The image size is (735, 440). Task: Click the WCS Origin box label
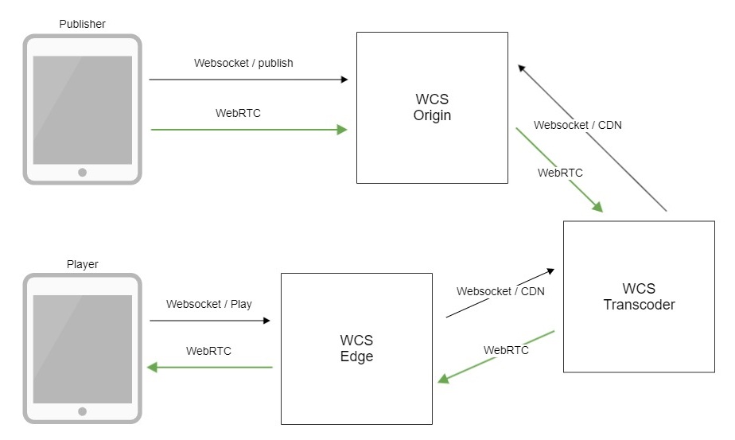pyautogui.click(x=432, y=107)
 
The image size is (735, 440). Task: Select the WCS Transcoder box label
pyautogui.click(x=639, y=296)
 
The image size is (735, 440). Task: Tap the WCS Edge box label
pyautogui.click(x=356, y=348)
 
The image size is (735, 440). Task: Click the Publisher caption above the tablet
pyautogui.click(x=82, y=24)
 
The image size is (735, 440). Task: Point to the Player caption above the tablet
pyautogui.click(x=82, y=263)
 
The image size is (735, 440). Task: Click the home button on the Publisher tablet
pyautogui.click(x=82, y=173)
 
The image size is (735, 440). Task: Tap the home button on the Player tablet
pyautogui.click(x=82, y=411)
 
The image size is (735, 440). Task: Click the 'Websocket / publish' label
pyautogui.click(x=243, y=63)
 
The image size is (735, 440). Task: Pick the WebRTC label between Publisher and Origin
pyautogui.click(x=238, y=113)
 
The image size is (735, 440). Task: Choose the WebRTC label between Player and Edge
pyautogui.click(x=208, y=350)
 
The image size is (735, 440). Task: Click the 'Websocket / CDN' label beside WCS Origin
pyautogui.click(x=577, y=125)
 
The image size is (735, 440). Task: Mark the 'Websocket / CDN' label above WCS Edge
pyautogui.click(x=500, y=291)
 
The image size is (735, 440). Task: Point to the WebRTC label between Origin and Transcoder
pyautogui.click(x=560, y=172)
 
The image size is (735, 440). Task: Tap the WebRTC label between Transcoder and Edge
pyautogui.click(x=506, y=349)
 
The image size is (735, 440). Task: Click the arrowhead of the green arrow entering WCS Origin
pyautogui.click(x=343, y=129)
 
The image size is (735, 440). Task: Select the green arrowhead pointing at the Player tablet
pyautogui.click(x=152, y=367)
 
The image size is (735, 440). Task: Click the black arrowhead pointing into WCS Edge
pyautogui.click(x=266, y=321)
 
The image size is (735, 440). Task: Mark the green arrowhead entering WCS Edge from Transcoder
pyautogui.click(x=443, y=380)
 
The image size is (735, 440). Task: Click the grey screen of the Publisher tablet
pyautogui.click(x=82, y=110)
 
